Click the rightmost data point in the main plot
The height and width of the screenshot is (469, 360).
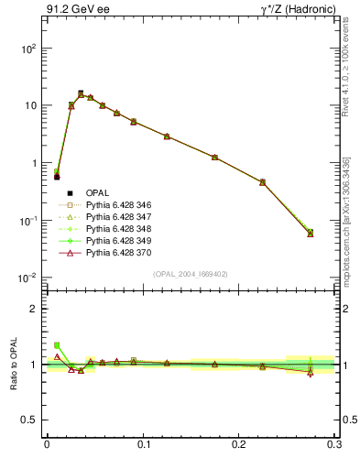point(311,233)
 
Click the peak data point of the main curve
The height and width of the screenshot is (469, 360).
point(81,93)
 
